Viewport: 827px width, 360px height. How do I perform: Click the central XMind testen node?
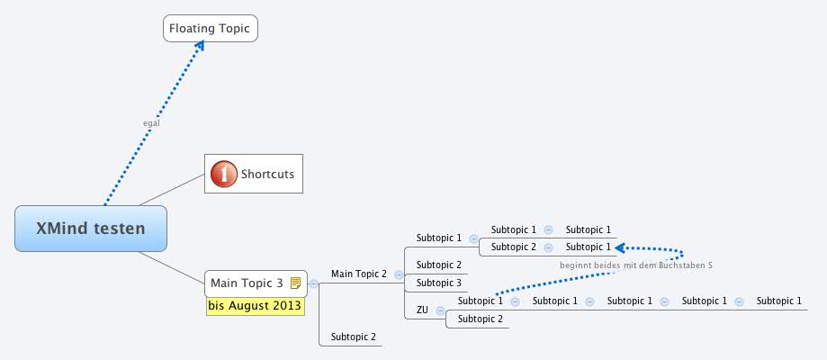coord(91,229)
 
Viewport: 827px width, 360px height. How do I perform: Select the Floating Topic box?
coord(211,29)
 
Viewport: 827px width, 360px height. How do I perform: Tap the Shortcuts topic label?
coord(267,174)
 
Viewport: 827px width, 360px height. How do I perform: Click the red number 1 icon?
coord(224,174)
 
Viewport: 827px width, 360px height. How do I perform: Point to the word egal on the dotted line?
coord(151,122)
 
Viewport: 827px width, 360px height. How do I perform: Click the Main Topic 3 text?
coord(247,283)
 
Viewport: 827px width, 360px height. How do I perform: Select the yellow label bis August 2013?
coord(256,306)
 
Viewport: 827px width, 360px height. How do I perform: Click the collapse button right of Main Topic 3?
coord(313,283)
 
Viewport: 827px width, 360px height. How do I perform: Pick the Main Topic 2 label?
coord(358,274)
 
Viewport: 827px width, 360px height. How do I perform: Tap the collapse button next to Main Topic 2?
coord(399,274)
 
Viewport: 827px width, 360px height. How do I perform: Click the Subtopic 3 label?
coord(438,283)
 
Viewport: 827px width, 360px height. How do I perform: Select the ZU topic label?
coord(422,310)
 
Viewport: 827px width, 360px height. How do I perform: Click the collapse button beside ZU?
coord(440,310)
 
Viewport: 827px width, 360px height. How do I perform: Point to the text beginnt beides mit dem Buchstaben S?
coord(635,265)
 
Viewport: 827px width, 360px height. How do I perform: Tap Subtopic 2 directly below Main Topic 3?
coord(353,337)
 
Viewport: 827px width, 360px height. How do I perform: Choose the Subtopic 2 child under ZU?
coord(481,319)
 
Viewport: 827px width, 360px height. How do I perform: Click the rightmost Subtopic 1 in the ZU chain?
coord(778,301)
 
